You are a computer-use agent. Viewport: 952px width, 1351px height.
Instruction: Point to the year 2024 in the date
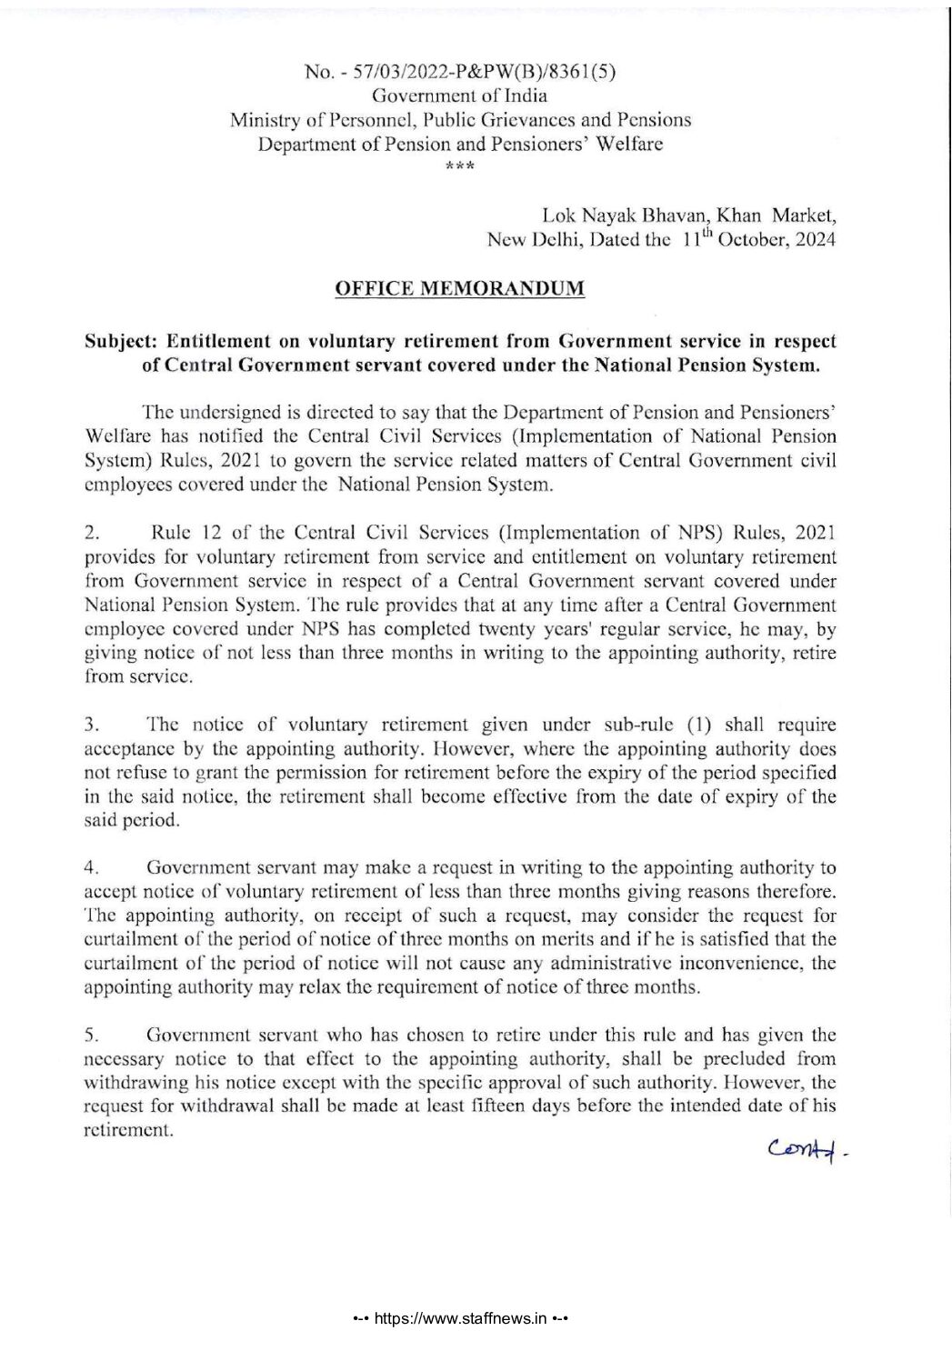(817, 240)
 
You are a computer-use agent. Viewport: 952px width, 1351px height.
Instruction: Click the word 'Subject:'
(119, 343)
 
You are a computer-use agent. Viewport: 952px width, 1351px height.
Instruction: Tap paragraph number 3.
(90, 726)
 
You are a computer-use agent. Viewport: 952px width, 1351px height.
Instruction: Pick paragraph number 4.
(90, 867)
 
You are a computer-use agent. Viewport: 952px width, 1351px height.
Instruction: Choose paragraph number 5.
(90, 1036)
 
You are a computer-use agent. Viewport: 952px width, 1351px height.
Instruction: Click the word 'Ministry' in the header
(260, 119)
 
